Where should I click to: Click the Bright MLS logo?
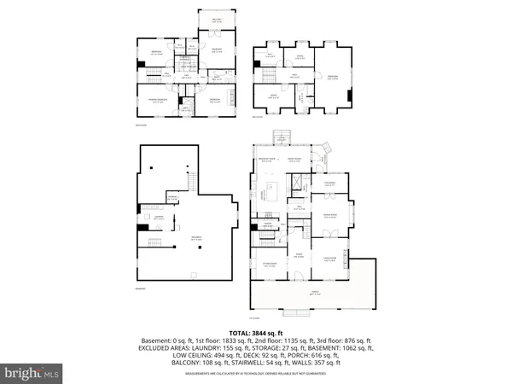click(32, 373)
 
